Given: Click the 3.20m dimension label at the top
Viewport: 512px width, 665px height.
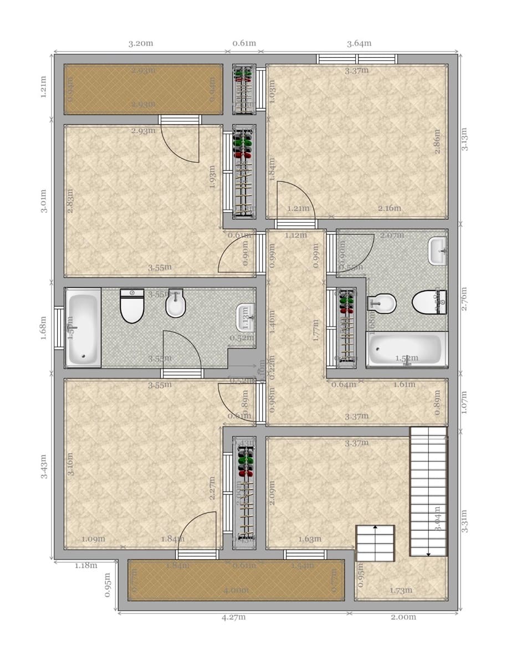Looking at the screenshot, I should [141, 44].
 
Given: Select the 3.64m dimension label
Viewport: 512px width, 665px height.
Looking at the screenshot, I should [359, 44].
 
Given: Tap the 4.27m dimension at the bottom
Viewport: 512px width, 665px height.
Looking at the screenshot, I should [233, 617].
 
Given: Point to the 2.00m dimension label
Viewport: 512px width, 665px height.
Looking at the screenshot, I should [403, 617].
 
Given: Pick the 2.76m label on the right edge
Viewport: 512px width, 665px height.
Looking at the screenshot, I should [464, 298].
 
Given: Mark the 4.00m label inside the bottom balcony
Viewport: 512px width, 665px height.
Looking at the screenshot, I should [235, 590].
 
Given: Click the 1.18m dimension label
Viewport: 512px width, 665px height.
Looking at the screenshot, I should [86, 566].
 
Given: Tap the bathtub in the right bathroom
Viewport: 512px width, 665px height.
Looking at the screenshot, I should [407, 350].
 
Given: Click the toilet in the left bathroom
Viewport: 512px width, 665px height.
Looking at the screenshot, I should [132, 306].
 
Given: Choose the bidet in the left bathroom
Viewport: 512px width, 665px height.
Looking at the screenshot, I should [176, 304].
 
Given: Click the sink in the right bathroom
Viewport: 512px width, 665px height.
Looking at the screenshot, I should [438, 251].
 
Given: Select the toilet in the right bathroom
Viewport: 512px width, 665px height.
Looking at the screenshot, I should [429, 303].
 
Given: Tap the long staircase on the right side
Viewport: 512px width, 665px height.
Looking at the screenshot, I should [428, 491].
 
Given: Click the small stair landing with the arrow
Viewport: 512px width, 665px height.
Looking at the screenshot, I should [375, 544].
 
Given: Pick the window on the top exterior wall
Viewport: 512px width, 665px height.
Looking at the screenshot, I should [357, 59].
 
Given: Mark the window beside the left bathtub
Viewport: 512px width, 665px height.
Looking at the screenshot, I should [59, 328].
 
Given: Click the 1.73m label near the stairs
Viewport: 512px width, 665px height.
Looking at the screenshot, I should [401, 591].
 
